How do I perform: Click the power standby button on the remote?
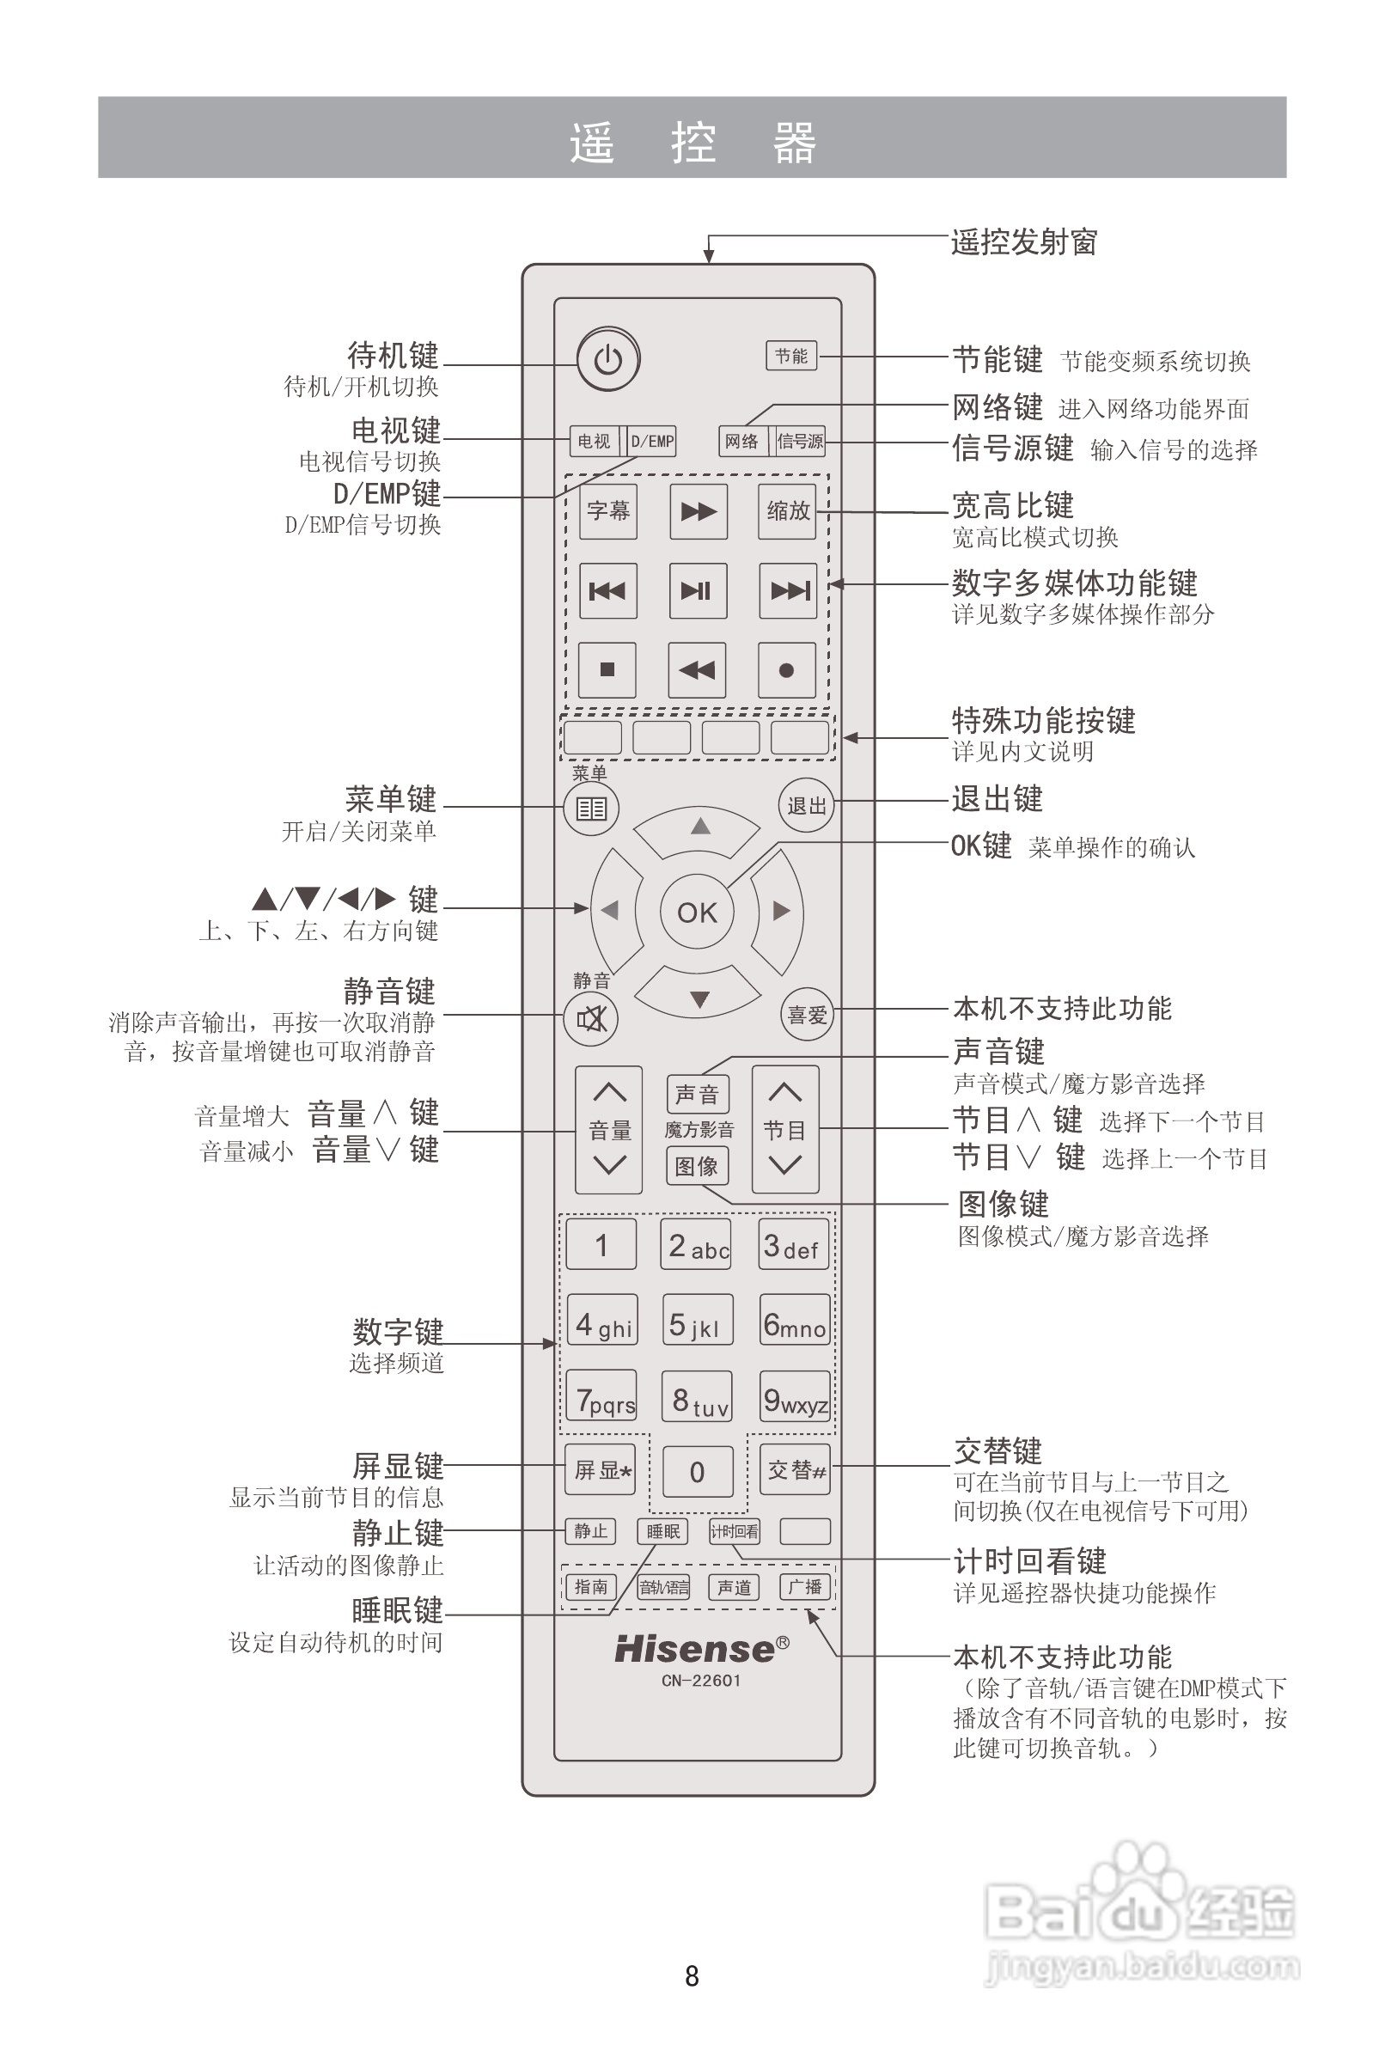(608, 359)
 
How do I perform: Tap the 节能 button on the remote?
(791, 356)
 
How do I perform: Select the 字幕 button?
(608, 511)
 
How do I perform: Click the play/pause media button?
(698, 590)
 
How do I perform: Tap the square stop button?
(607, 669)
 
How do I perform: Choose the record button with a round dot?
(787, 670)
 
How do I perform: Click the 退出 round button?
(806, 805)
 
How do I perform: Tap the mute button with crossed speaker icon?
(591, 1019)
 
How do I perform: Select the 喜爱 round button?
(807, 1016)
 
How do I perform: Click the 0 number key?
(698, 1471)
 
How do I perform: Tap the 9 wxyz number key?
(795, 1397)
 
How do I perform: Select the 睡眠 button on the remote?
(662, 1532)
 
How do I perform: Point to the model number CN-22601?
(701, 1681)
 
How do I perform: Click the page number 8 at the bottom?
(692, 1976)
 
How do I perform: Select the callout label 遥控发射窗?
(1024, 242)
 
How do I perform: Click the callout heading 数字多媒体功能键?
(1074, 583)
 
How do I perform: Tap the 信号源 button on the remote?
(800, 441)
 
